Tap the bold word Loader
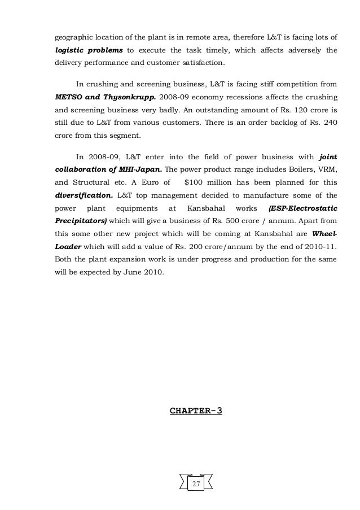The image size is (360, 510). coord(68,246)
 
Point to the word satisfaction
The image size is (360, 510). coord(201,62)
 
